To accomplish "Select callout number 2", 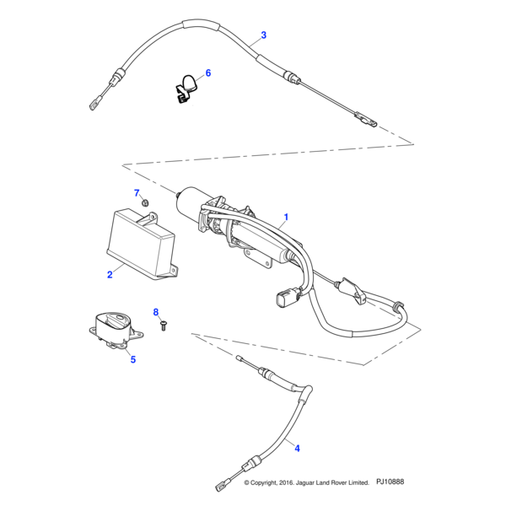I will [110, 275].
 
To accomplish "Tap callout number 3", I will [263, 35].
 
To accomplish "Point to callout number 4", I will [295, 448].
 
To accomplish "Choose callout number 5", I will [132, 358].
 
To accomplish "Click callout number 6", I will [208, 73].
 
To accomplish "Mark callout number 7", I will [137, 193].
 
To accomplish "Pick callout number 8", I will [155, 313].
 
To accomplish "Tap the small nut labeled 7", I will [145, 203].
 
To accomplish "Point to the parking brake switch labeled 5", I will [113, 326].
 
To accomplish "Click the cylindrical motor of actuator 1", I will [191, 203].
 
